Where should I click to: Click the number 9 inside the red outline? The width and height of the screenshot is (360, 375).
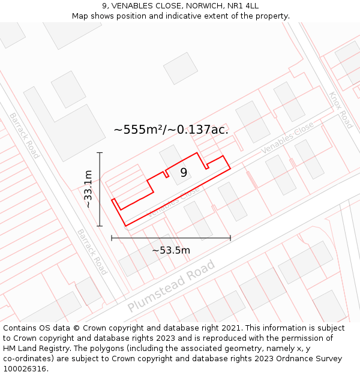[184, 172]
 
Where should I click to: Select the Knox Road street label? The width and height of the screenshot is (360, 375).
[340, 110]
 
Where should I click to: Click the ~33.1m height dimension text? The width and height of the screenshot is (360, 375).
[88, 189]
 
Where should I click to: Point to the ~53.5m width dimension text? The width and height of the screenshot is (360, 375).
[171, 250]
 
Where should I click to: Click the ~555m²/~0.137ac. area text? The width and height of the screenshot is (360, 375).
[171, 129]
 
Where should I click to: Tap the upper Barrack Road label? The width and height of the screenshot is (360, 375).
[24, 135]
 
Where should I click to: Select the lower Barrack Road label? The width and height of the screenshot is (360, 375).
[92, 251]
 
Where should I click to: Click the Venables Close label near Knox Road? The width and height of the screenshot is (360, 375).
[287, 137]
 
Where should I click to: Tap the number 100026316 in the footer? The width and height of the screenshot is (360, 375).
[25, 369]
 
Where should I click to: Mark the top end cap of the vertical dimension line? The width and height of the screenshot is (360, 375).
[100, 153]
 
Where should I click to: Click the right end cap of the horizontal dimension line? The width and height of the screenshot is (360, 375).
[230, 238]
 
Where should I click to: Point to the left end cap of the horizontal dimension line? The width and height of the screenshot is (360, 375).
[112, 238]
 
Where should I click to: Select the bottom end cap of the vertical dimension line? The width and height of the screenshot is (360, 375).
[100, 226]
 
